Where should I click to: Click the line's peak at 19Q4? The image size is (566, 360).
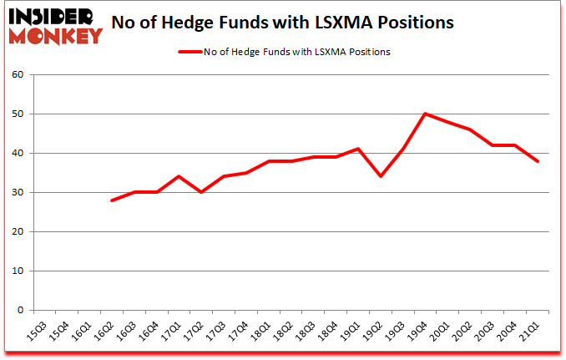coord(425,114)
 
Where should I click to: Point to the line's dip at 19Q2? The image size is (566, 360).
coord(381,176)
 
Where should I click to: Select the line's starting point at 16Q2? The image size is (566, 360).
coord(111,200)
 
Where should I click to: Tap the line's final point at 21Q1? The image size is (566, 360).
coord(538,161)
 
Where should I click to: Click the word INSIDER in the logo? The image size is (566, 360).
coord(52,15)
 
